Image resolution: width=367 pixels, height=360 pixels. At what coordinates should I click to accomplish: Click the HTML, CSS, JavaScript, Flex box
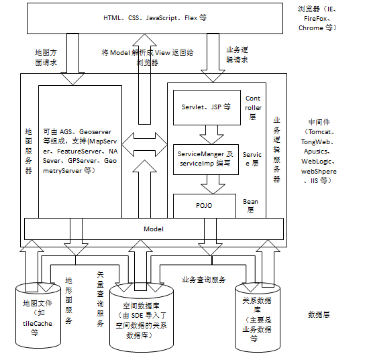coord(155,18)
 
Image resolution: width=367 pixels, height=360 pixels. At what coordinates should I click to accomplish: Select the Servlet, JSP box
coord(206,107)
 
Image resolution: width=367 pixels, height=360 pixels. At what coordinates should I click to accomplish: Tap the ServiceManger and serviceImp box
coord(206,159)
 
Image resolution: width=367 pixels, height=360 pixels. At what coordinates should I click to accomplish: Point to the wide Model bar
coord(154,229)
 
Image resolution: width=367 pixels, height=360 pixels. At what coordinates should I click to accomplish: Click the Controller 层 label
coord(253,107)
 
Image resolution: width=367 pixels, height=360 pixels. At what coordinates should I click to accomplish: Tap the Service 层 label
coord(252,159)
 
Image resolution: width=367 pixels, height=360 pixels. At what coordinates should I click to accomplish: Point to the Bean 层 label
coord(250,205)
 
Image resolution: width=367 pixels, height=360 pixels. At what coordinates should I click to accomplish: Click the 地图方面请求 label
coord(45,56)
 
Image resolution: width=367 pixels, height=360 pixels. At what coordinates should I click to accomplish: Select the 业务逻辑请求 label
coord(238,54)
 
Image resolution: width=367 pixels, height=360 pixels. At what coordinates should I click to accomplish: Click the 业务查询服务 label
coord(204,279)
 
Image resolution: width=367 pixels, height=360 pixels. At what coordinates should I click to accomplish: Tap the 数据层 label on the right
coord(318,314)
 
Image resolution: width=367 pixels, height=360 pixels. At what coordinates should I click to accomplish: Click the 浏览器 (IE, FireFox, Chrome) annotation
coord(318,19)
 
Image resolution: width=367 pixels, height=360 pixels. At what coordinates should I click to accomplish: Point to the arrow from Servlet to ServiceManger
coord(206,134)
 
